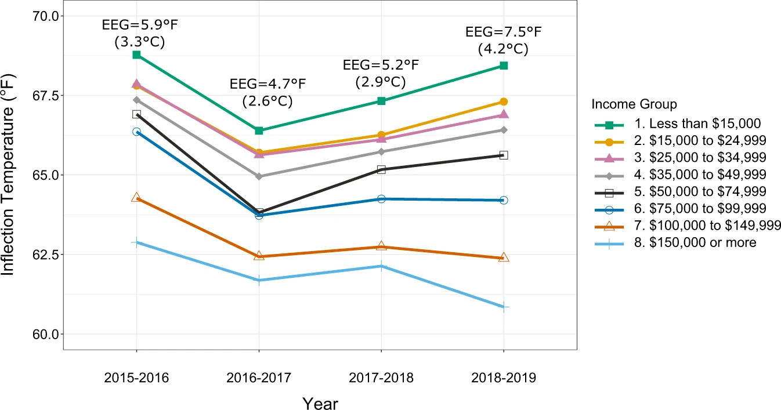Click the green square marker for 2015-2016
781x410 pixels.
136,55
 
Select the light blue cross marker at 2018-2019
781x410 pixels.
504,307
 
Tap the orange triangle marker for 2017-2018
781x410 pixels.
381,246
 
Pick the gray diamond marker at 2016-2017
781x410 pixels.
259,176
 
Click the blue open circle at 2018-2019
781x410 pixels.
504,200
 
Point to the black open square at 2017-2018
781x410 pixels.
381,169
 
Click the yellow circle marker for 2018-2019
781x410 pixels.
504,102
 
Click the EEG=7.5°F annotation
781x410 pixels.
503,31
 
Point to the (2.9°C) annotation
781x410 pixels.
381,82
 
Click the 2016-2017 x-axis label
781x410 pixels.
259,378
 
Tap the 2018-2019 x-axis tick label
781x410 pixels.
503,378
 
